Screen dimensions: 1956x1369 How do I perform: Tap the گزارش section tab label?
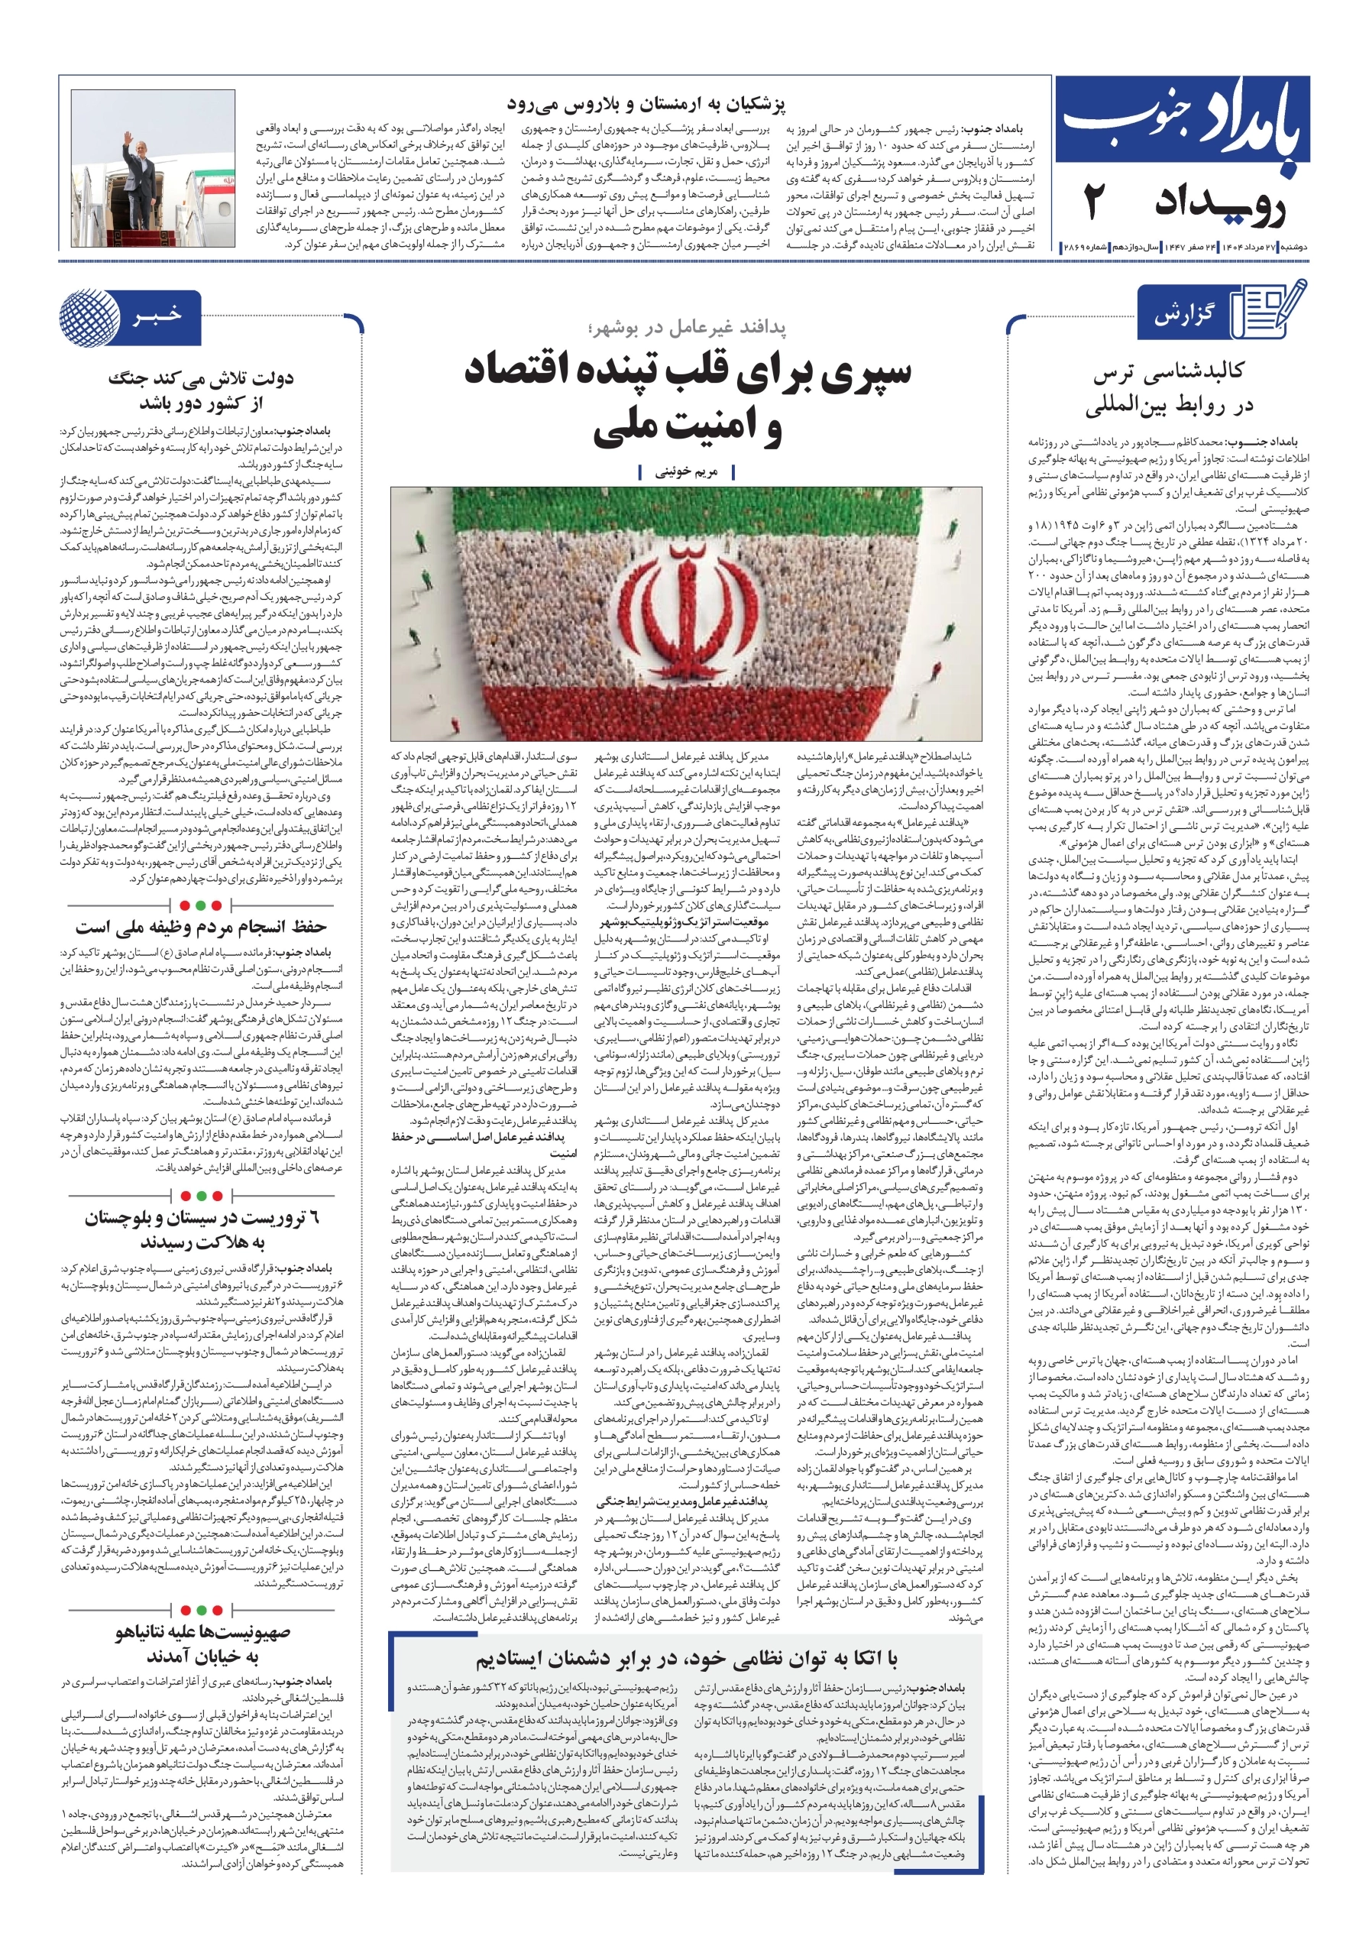(x=1185, y=316)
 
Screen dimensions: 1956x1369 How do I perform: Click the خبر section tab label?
(x=157, y=316)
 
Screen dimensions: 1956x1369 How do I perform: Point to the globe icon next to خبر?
(x=90, y=317)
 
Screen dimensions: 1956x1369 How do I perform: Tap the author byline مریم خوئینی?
(x=686, y=472)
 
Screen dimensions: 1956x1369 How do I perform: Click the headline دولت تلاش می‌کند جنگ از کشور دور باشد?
(x=201, y=390)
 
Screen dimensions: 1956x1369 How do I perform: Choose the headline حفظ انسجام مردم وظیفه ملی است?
(x=201, y=927)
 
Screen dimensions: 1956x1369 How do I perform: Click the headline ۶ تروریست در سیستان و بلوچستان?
(x=201, y=1229)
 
